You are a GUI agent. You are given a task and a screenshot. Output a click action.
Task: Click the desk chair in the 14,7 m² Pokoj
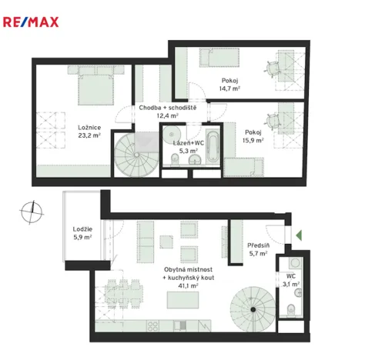pyautogui.click(x=275, y=68)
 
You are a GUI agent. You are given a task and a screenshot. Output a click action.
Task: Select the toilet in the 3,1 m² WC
pyautogui.click(x=292, y=310)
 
